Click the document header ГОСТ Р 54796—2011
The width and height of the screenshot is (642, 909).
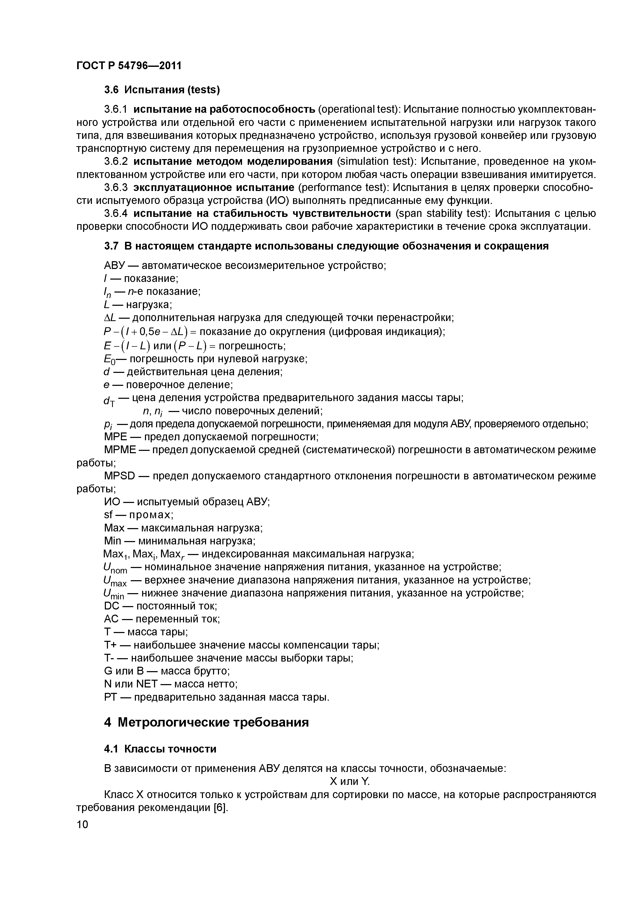click(129, 65)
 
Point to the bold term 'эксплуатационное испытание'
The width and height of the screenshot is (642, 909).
click(214, 188)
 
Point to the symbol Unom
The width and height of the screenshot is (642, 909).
click(115, 568)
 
